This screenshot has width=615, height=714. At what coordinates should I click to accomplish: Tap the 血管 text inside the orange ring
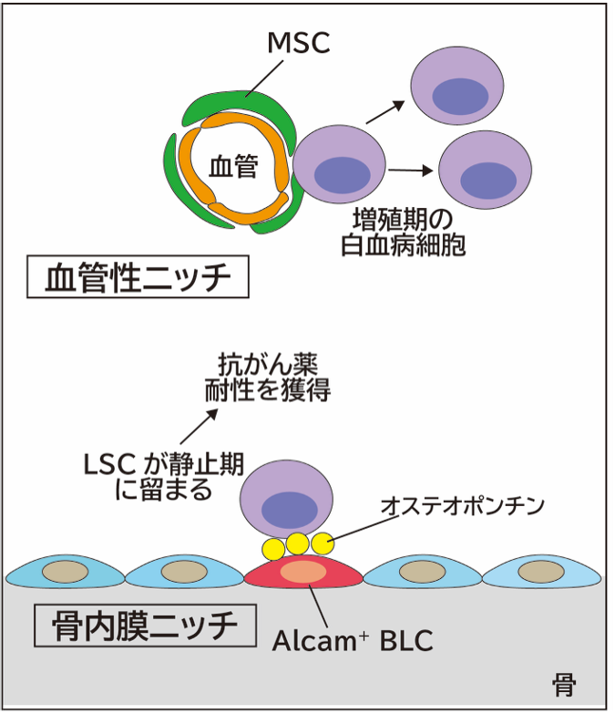pyautogui.click(x=233, y=166)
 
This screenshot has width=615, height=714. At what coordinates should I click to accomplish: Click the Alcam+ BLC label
pyautogui.click(x=353, y=639)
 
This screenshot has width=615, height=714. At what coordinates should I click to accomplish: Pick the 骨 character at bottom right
pyautogui.click(x=565, y=682)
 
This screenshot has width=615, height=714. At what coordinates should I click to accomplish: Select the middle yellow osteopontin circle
pyautogui.click(x=296, y=543)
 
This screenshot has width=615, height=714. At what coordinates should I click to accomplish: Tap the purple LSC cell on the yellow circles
pyautogui.click(x=290, y=499)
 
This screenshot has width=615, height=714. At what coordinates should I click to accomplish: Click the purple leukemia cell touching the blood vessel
pyautogui.click(x=336, y=171)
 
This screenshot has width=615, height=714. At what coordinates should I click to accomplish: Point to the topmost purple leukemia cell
pyautogui.click(x=456, y=89)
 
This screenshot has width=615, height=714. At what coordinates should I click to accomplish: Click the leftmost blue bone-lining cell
pyautogui.click(x=66, y=572)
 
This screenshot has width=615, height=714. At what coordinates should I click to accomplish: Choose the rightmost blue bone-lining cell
pyautogui.click(x=541, y=572)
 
